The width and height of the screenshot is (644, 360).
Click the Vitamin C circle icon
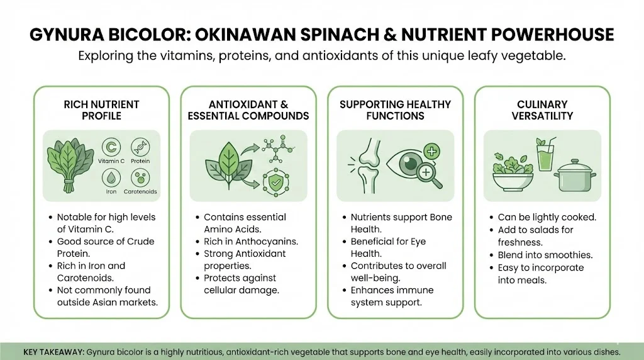tap(111, 147)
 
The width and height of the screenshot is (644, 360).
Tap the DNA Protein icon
tap(140, 147)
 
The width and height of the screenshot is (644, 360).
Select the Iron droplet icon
tap(111, 178)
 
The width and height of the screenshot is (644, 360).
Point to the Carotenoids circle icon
tap(140, 178)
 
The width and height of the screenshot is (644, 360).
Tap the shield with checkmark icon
tap(275, 182)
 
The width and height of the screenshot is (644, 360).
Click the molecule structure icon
tap(279, 149)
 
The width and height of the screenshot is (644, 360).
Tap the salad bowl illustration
tap(513, 172)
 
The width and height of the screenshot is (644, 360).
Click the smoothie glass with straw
tap(546, 154)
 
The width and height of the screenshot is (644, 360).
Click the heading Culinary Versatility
tap(542, 110)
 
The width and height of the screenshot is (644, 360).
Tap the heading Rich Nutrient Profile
tap(101, 110)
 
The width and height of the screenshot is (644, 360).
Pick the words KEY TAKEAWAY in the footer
tap(54, 352)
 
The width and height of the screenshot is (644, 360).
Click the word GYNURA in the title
tap(66, 35)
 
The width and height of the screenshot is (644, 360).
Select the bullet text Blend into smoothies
tap(545, 255)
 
